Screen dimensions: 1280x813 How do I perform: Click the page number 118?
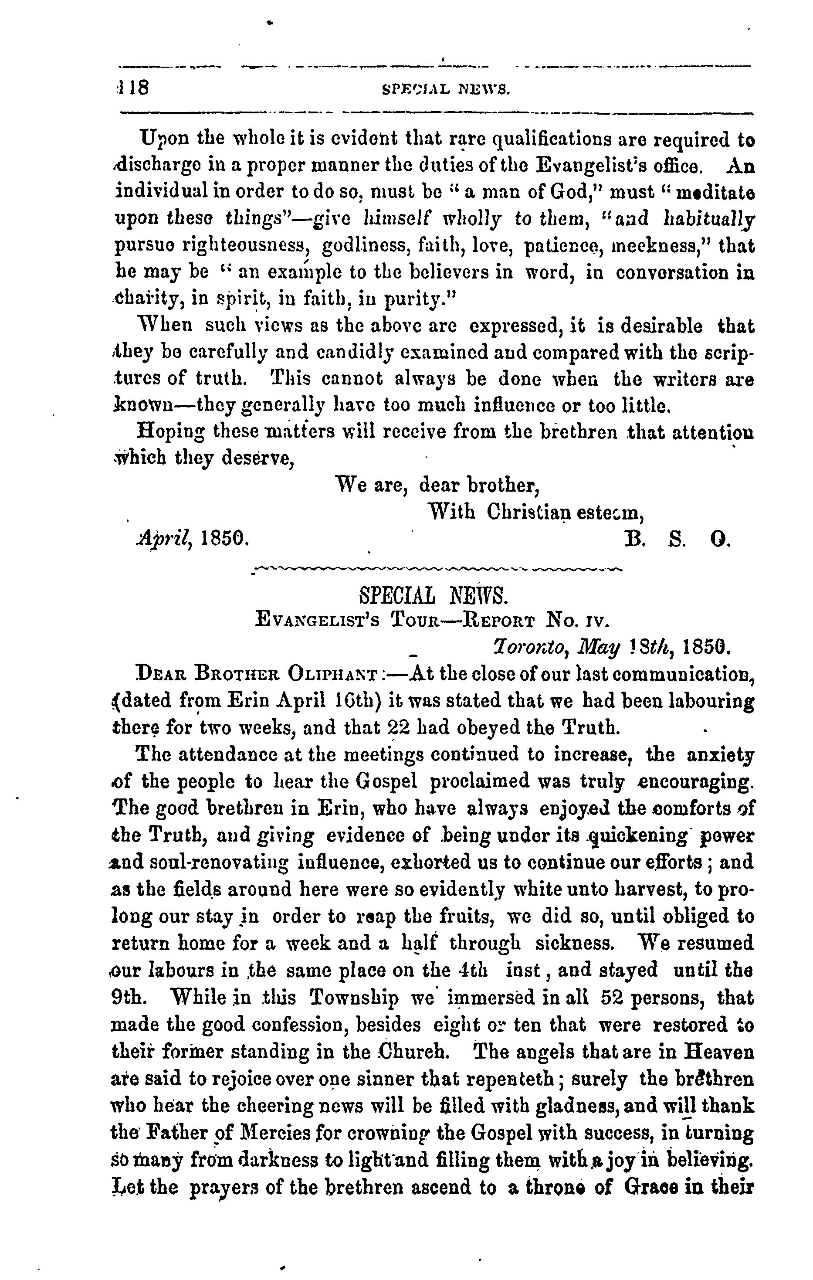click(133, 88)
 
